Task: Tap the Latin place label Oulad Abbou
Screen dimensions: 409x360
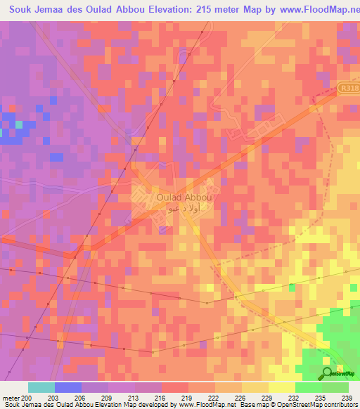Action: pyautogui.click(x=165, y=198)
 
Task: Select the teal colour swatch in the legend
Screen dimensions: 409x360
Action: pyautogui.click(x=41, y=387)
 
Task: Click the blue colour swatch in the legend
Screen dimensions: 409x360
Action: pyautogui.click(x=67, y=387)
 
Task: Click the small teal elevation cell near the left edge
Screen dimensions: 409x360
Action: pyautogui.click(x=19, y=124)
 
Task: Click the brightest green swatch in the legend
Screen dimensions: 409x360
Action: pyautogui.click(x=308, y=387)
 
